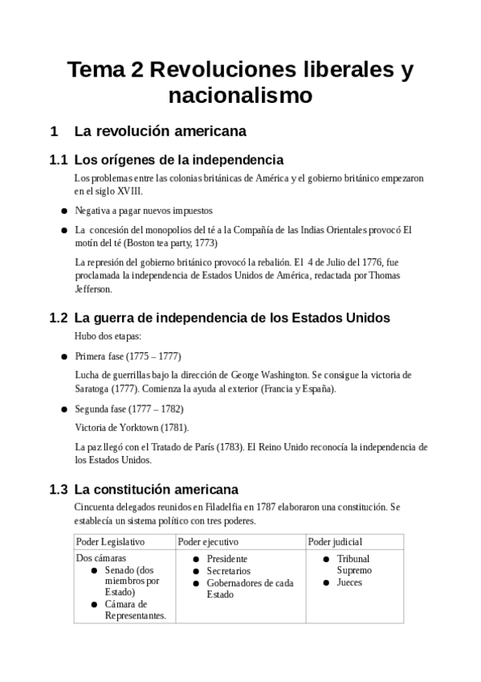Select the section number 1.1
click(x=58, y=160)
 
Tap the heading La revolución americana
click(x=160, y=130)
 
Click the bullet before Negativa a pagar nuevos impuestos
click(x=63, y=211)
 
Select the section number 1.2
click(x=58, y=318)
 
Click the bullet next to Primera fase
click(x=63, y=355)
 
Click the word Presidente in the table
click(x=227, y=559)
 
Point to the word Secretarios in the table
click(x=228, y=571)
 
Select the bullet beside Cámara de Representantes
click(x=95, y=605)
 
